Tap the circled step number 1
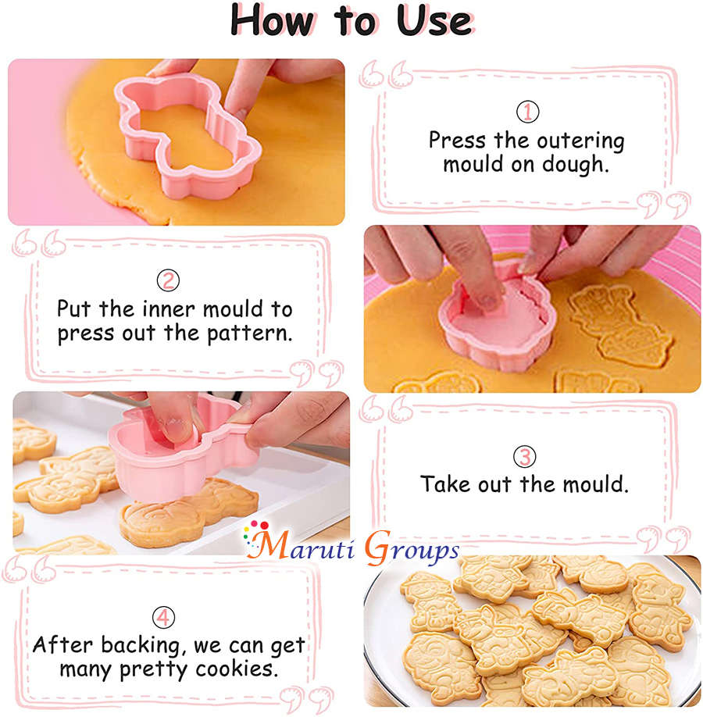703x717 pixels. click(527, 112)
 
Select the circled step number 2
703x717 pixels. click(167, 280)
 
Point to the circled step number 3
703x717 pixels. click(524, 456)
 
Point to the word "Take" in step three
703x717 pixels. click(445, 484)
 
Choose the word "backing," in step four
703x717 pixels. click(137, 646)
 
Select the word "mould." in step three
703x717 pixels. click(592, 484)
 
